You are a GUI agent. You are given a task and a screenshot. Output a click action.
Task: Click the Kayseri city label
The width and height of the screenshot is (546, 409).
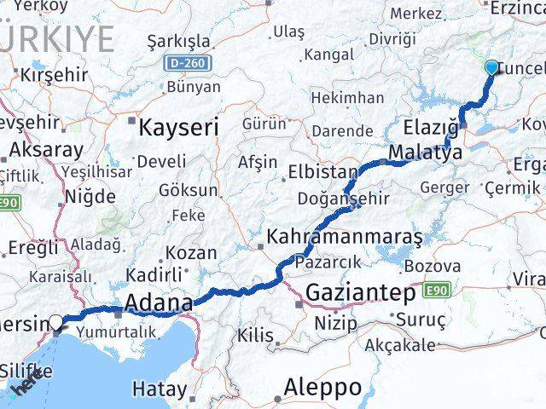click(x=178, y=128)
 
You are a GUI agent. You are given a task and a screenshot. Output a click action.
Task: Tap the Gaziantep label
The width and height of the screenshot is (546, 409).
click(x=361, y=292)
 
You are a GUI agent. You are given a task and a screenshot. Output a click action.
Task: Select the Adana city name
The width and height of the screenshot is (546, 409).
click(x=159, y=302)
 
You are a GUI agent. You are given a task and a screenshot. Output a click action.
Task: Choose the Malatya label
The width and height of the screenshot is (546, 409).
click(x=424, y=153)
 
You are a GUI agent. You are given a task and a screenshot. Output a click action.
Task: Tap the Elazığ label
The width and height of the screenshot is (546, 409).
click(x=432, y=130)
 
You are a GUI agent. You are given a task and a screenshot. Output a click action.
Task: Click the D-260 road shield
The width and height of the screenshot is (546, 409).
click(x=188, y=63)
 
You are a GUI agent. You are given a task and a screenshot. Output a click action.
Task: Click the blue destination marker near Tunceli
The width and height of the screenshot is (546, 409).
click(x=492, y=67)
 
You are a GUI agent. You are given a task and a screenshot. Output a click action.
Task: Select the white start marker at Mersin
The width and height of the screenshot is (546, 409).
click(x=56, y=322)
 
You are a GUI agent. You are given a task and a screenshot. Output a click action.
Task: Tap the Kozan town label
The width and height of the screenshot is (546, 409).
click(x=190, y=253)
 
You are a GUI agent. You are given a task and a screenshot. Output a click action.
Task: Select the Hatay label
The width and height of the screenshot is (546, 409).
click(x=160, y=389)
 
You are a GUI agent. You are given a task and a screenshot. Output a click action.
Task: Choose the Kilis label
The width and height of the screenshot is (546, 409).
click(x=255, y=336)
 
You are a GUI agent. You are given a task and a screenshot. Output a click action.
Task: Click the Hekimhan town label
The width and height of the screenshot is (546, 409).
click(x=347, y=98)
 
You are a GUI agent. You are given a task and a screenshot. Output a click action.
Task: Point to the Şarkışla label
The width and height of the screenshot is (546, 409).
click(x=178, y=42)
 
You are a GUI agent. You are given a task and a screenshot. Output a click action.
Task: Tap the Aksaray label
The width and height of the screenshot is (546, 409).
click(x=47, y=151)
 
